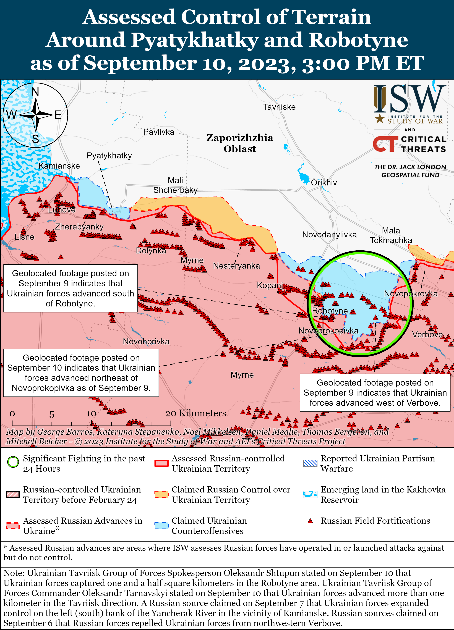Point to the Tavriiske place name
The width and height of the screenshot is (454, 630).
279,107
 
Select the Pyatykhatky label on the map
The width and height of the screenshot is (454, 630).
109,156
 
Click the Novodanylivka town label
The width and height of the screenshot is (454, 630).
329,235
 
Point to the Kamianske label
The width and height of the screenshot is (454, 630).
59,166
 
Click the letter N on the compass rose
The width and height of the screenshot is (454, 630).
35,92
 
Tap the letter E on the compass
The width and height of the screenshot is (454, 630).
58,115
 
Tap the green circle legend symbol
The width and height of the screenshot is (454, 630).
13,462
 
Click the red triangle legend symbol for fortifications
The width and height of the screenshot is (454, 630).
310,521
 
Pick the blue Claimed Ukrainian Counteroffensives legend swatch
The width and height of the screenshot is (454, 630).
161,526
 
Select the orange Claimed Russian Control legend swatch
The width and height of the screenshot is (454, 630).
161,494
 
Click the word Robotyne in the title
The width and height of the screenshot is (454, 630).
358,40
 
